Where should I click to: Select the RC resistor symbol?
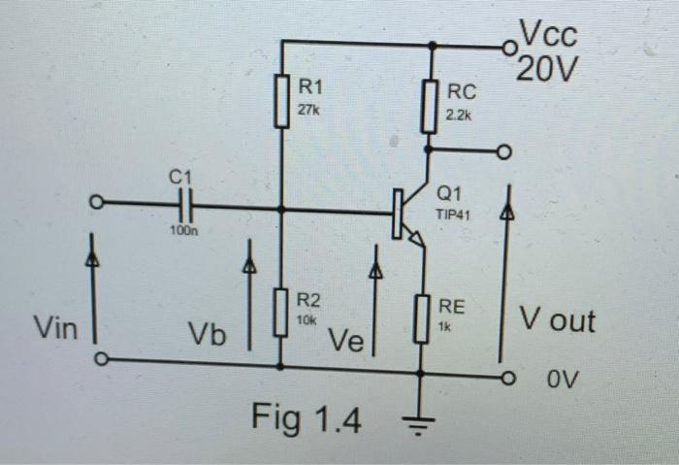tap(428, 105)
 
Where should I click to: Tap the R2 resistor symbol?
tap(281, 312)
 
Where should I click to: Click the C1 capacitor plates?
tap(187, 206)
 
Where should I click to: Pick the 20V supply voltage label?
tap(548, 70)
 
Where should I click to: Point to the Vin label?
tap(54, 327)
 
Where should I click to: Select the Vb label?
tap(207, 336)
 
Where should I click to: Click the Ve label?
tap(346, 341)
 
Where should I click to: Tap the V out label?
tap(557, 319)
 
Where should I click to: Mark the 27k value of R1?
tap(307, 111)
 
